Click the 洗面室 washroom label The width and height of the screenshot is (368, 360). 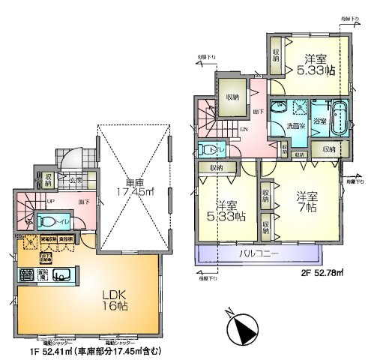[x=290, y=126]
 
